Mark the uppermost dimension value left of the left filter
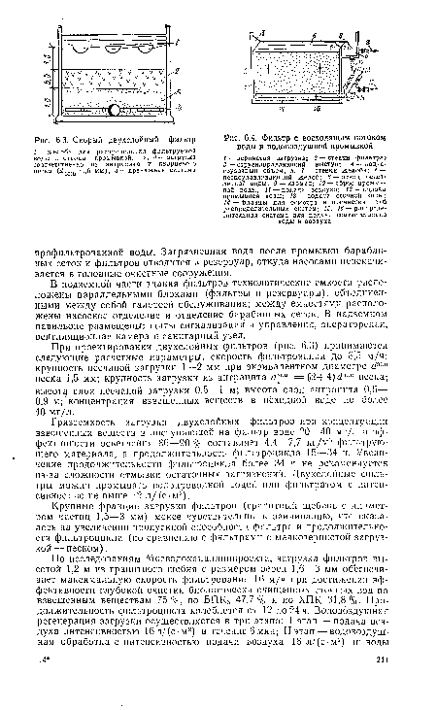12,39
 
